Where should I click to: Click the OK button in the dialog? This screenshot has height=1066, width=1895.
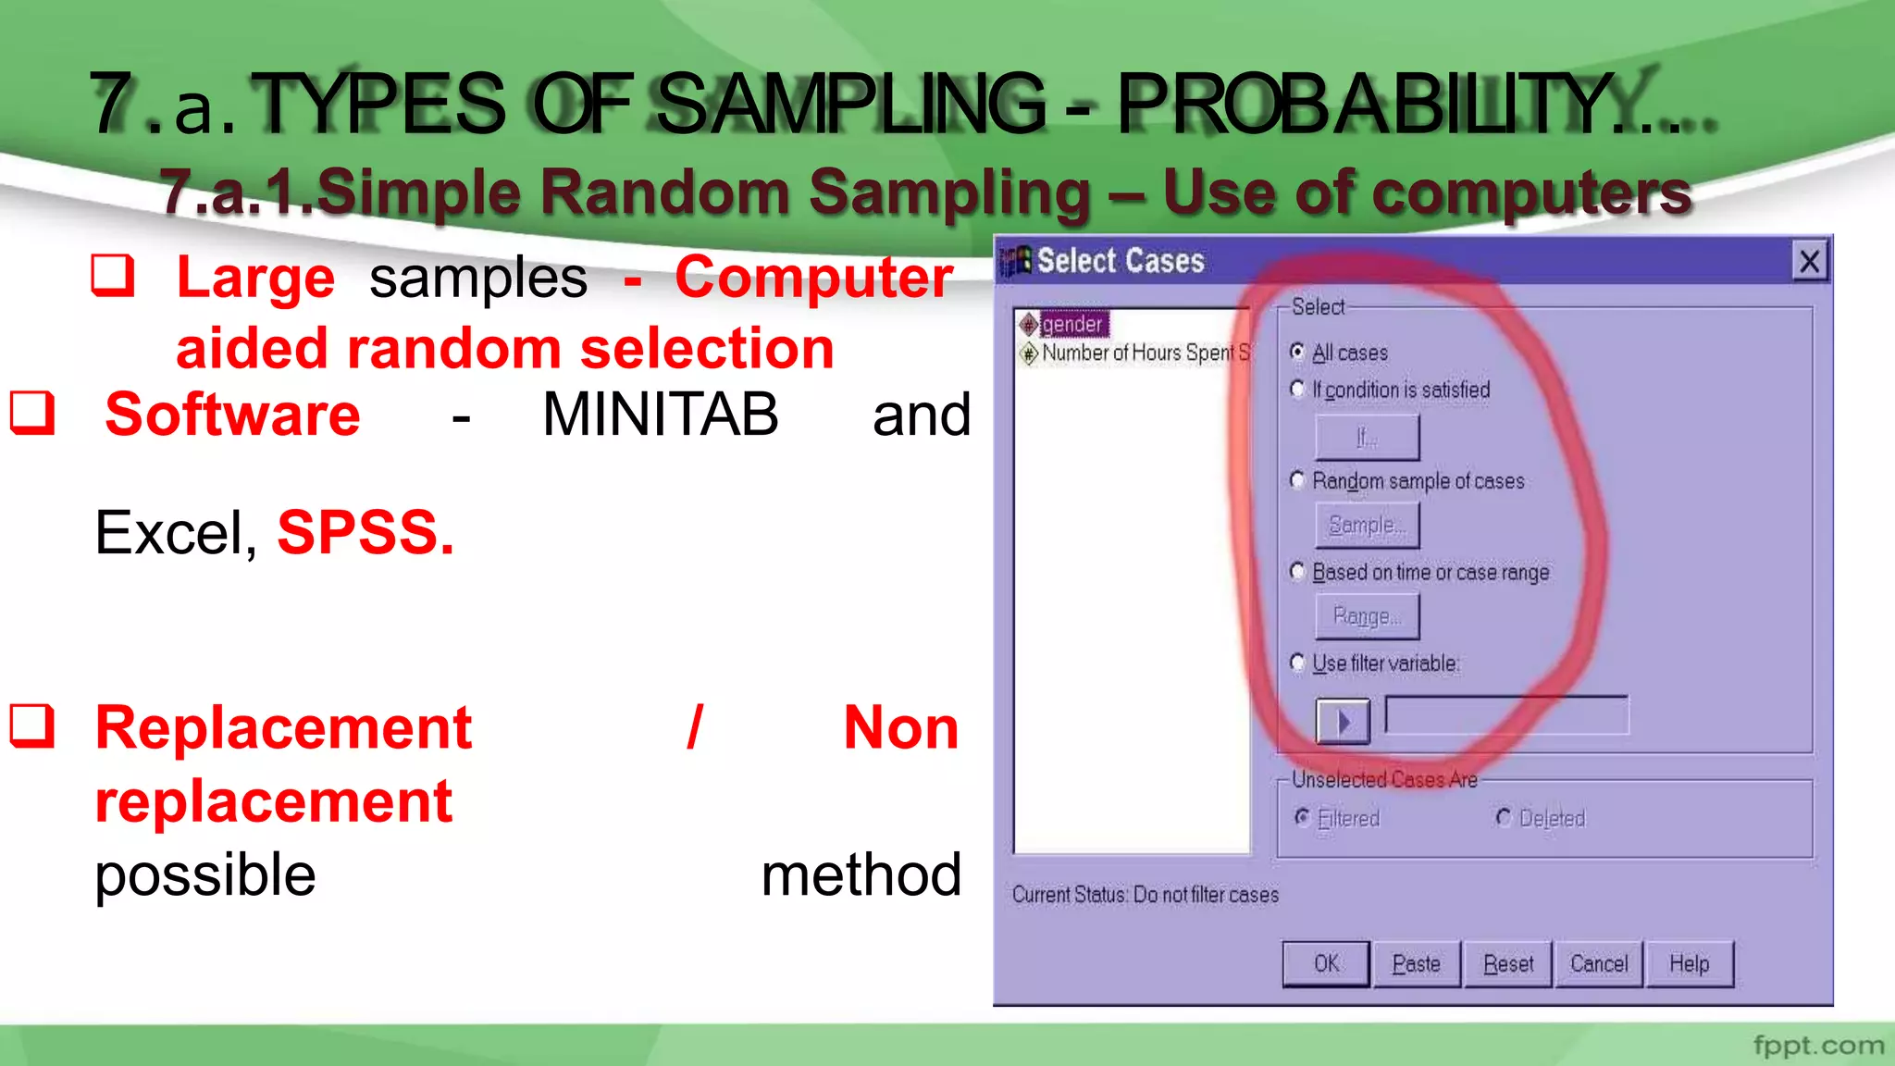pos(1325,964)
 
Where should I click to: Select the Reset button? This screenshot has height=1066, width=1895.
pos(1507,964)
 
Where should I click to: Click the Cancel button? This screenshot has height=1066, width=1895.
pos(1598,964)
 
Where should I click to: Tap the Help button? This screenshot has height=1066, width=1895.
pos(1689,964)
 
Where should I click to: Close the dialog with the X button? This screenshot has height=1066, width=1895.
pos(1809,261)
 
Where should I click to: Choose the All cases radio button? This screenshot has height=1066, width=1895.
pos(1297,352)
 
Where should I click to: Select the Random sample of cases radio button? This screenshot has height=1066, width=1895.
pos(1297,479)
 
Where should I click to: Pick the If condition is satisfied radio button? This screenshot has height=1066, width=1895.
pos(1297,389)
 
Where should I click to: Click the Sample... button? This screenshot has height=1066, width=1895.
pos(1367,526)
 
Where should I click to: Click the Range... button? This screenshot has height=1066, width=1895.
pos(1367,616)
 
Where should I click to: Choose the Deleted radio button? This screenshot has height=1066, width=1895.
pos(1504,817)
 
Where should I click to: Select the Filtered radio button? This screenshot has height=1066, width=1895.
pos(1302,817)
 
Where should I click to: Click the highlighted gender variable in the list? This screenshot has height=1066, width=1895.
pos(1071,324)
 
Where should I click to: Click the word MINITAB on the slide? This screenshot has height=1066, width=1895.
pos(660,415)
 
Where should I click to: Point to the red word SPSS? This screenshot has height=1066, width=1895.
pos(365,533)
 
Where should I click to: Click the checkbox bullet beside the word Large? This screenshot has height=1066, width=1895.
pos(113,275)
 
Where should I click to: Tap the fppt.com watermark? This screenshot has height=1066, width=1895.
pos(1817,1046)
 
